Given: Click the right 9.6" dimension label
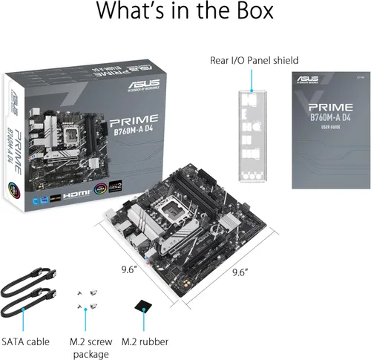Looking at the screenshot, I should (x=238, y=272).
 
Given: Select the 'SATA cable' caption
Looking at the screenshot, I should (x=26, y=341).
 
